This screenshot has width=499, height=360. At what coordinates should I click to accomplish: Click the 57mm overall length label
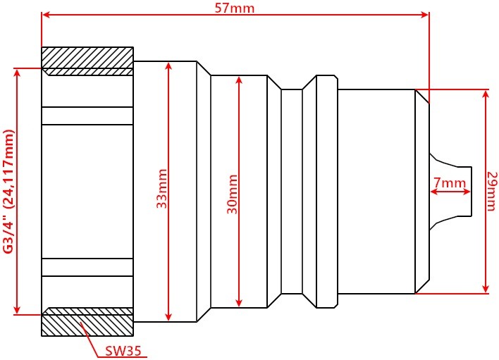[x=235, y=8]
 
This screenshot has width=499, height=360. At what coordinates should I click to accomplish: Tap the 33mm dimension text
[x=162, y=189]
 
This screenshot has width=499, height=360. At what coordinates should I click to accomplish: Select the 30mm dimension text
[x=233, y=194]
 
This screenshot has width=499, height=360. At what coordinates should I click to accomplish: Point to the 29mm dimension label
[x=493, y=191]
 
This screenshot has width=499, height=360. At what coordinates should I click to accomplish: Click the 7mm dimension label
[x=450, y=182]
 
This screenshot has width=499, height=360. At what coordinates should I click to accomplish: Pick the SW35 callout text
[x=123, y=351]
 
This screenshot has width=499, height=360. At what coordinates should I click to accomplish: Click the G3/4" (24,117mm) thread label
[x=9, y=192]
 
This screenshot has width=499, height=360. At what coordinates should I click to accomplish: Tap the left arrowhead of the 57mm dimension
[x=46, y=15]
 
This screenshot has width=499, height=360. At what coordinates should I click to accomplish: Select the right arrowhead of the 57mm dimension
[x=425, y=15]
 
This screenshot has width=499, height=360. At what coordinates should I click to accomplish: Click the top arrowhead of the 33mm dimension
[x=168, y=66]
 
